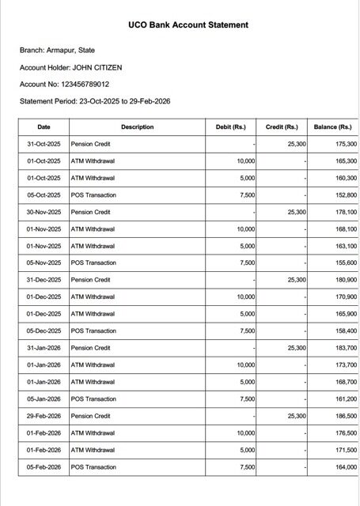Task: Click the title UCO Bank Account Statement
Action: click(188, 25)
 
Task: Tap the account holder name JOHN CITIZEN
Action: click(97, 67)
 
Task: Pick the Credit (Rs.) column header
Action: click(282, 127)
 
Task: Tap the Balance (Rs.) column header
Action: click(332, 127)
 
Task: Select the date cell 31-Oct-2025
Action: click(44, 145)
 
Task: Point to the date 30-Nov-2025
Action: click(44, 212)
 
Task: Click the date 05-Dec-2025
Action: click(44, 331)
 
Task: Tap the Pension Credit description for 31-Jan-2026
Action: click(91, 348)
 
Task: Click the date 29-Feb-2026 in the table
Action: click(44, 416)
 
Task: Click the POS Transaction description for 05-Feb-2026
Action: click(93, 467)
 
